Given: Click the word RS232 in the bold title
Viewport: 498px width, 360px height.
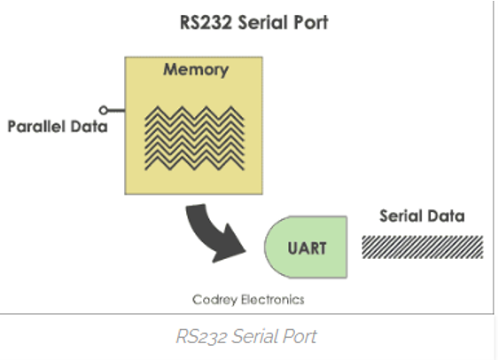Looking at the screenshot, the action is [206, 22].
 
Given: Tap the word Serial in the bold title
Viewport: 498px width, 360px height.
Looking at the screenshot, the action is [263, 22].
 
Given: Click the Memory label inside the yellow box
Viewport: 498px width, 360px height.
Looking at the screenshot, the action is [196, 69].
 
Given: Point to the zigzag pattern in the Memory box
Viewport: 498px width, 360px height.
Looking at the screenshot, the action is [194, 138].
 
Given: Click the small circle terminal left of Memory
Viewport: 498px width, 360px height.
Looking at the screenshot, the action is [103, 110].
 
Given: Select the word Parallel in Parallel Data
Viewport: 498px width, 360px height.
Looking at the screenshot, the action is [36, 127].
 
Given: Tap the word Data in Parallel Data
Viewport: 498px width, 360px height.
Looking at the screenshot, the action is [89, 127].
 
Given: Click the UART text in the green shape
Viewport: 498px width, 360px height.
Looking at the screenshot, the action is [307, 248].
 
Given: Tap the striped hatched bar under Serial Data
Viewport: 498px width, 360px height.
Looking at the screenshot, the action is [423, 247].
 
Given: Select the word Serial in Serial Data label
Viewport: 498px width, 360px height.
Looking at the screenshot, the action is [400, 216].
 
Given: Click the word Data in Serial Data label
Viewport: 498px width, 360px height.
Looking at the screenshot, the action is [446, 216].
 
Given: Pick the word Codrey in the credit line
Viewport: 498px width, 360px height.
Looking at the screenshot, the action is [214, 300].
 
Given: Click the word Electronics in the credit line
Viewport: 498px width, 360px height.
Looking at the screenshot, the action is [273, 300].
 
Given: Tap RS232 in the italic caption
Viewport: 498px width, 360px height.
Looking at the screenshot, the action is [201, 336].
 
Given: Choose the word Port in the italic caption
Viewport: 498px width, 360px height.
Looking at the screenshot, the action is [301, 336].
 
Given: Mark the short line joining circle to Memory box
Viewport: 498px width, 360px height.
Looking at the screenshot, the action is [116, 111].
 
